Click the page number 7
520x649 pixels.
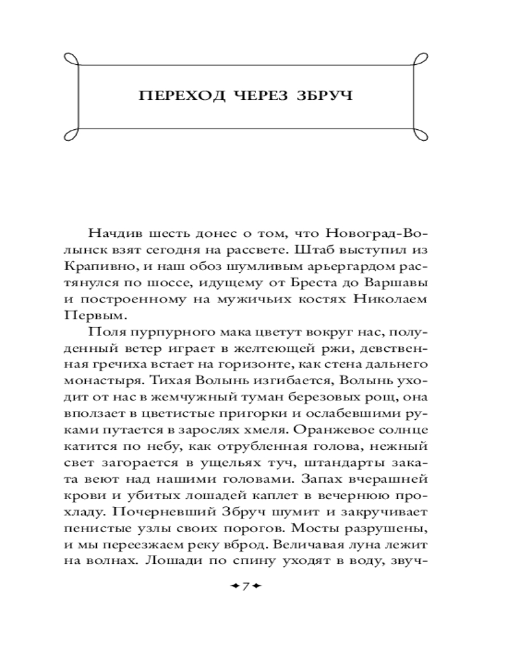point(246,587)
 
